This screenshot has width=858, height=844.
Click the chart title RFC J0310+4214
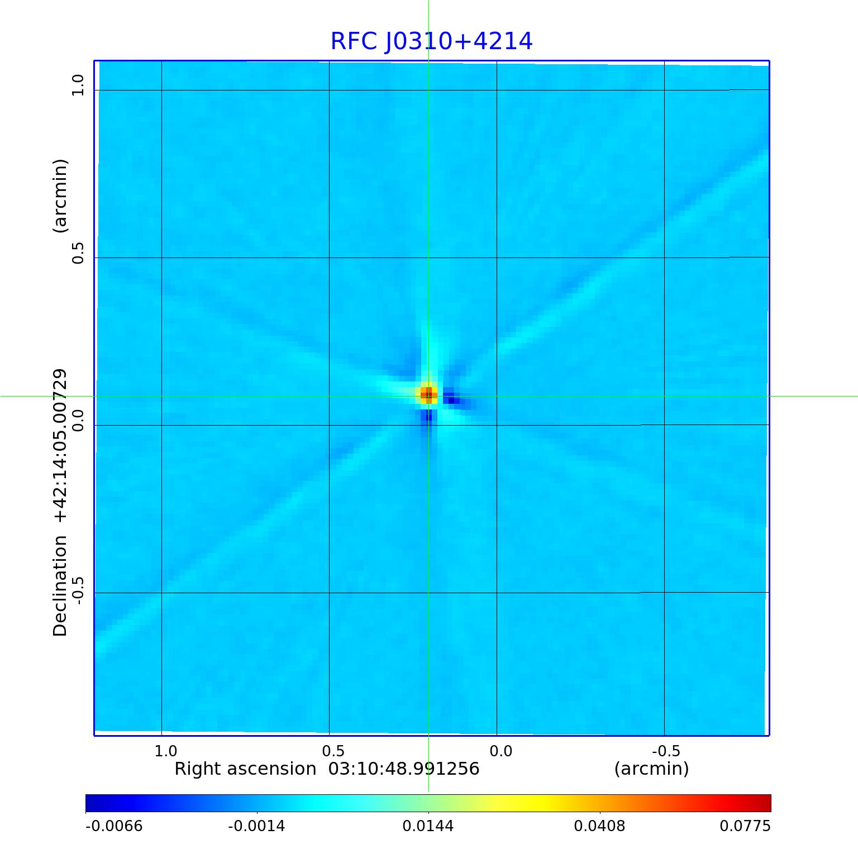point(431,41)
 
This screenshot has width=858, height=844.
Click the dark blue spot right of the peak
point(450,399)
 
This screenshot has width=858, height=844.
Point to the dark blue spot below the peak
point(428,417)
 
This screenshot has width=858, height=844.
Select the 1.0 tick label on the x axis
point(166,751)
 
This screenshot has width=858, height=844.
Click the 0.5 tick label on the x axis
point(333,751)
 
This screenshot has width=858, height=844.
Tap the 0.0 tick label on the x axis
point(500,751)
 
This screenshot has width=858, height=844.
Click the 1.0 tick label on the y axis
point(77,85)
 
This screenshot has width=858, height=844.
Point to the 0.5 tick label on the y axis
point(77,253)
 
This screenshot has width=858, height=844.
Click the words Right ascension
point(245,769)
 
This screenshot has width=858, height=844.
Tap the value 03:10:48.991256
point(404,769)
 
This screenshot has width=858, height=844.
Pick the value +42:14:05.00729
point(60,446)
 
